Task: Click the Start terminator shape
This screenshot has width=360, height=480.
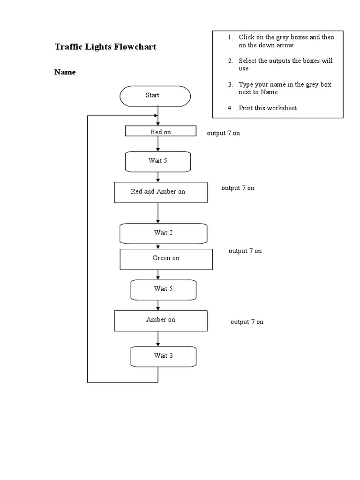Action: (155, 96)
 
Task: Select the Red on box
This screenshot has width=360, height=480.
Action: (160, 131)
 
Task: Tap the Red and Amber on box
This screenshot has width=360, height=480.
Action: (160, 192)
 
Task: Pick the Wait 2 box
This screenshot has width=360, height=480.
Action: (163, 233)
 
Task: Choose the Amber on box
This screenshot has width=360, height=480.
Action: (160, 320)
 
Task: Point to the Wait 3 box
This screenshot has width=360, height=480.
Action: (163, 356)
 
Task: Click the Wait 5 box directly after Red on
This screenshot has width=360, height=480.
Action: (158, 161)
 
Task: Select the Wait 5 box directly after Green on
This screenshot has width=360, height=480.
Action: (163, 289)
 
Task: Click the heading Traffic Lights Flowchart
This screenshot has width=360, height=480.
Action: (105, 47)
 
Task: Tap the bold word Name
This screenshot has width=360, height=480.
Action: (65, 72)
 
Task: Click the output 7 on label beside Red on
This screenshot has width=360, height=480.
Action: (223, 133)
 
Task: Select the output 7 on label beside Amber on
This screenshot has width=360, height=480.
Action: (247, 322)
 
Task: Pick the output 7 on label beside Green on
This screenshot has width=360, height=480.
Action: (245, 251)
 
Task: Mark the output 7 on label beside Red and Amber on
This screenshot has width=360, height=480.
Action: (238, 188)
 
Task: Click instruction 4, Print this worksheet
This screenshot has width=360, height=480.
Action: (267, 108)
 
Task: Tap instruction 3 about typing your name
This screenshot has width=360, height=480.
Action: (285, 88)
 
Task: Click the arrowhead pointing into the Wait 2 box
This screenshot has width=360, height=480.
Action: (158, 221)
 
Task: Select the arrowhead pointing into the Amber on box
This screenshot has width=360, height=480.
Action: (158, 308)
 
